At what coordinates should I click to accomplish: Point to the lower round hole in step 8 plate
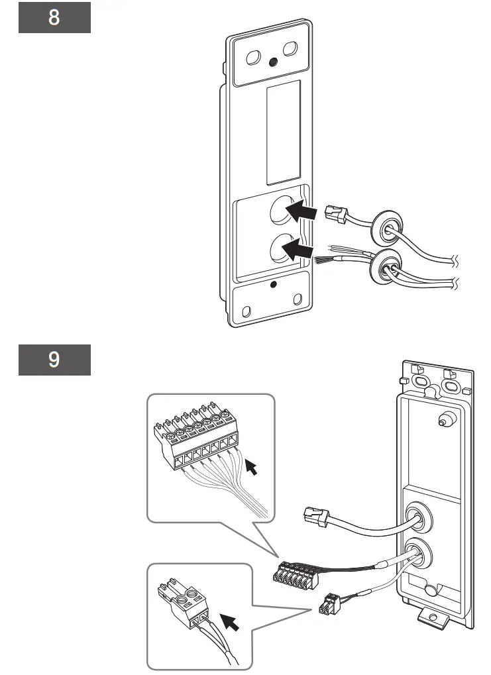click(281, 250)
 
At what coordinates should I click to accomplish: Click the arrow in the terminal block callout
click(252, 468)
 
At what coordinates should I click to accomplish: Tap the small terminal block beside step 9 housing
click(295, 573)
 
